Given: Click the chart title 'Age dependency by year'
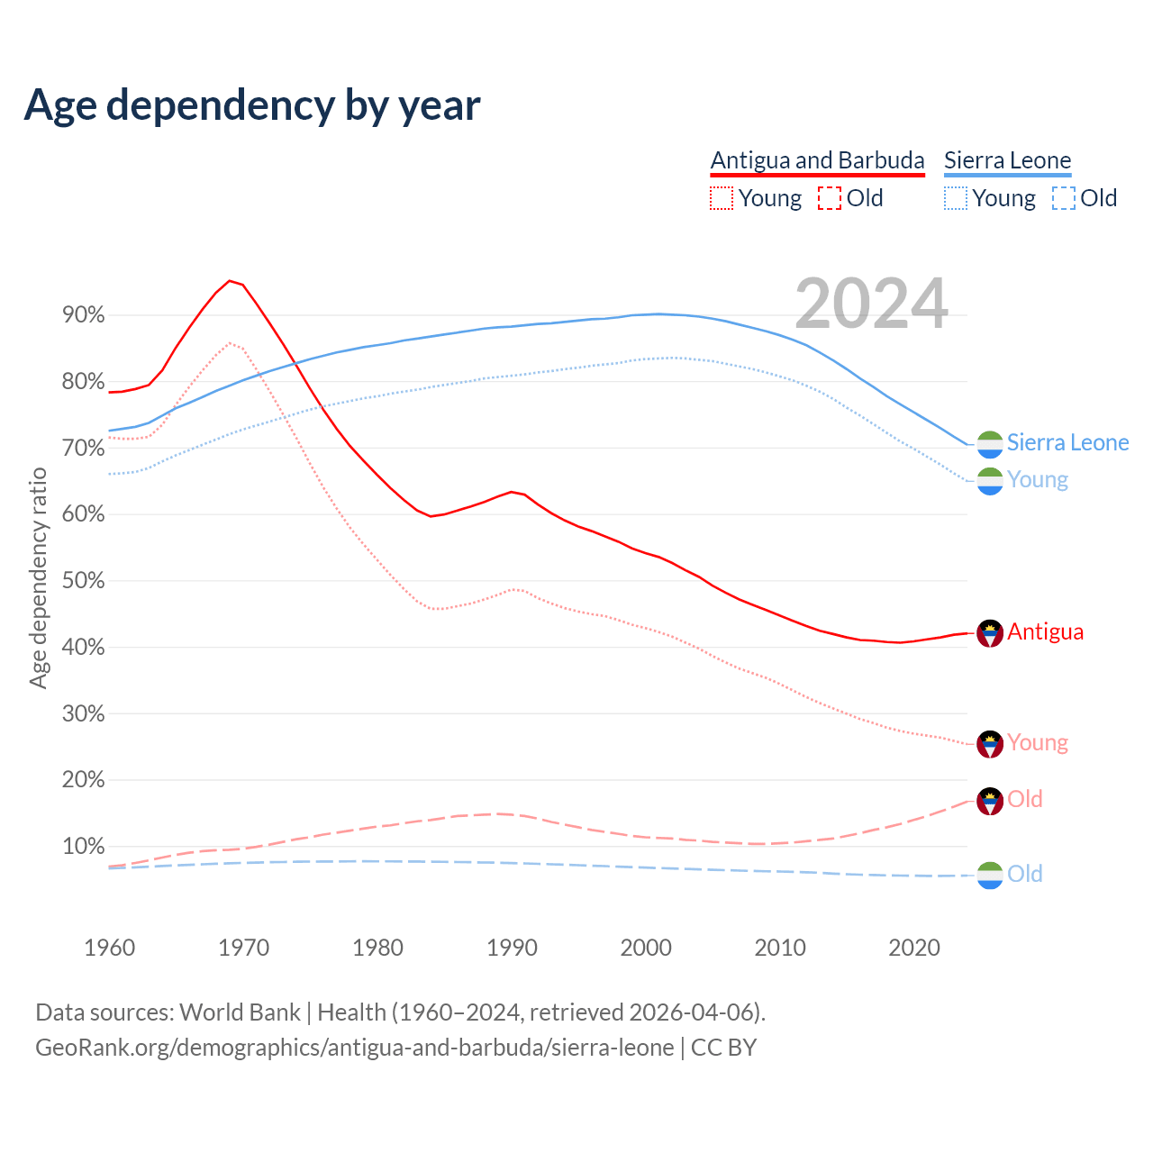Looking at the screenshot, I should (252, 105).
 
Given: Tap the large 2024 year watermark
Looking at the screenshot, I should (871, 304).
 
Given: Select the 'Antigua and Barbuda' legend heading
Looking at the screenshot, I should (817, 160).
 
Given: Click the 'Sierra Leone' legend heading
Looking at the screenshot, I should (1007, 160).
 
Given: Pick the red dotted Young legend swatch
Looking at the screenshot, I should (722, 198).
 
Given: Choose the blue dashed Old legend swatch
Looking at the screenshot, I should (1064, 198).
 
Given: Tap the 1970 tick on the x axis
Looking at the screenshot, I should (243, 948).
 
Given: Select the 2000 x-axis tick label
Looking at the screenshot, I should (646, 948).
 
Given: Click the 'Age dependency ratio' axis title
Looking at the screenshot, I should (38, 577).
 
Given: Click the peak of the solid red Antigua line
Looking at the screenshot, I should (230, 281).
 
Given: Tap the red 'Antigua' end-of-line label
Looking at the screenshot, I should (1045, 631).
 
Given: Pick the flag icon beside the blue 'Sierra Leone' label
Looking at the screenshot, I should (990, 444).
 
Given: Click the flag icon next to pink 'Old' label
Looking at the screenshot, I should (990, 801).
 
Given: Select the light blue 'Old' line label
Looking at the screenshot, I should (1024, 874).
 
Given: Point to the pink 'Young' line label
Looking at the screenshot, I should (1037, 742).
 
